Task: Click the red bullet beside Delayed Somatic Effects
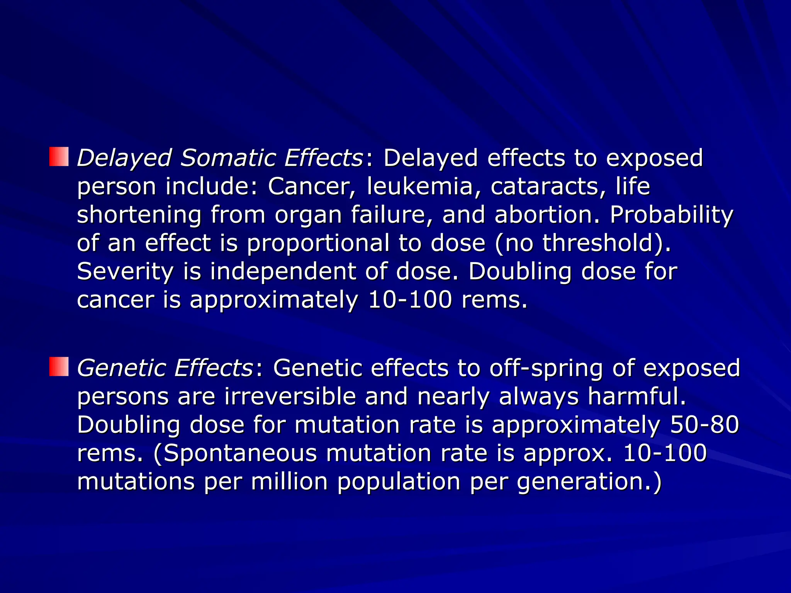click(x=59, y=156)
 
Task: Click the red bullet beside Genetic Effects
click(x=59, y=366)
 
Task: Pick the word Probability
click(x=671, y=215)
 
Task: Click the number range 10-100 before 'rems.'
click(x=409, y=300)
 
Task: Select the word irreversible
click(x=290, y=396)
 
